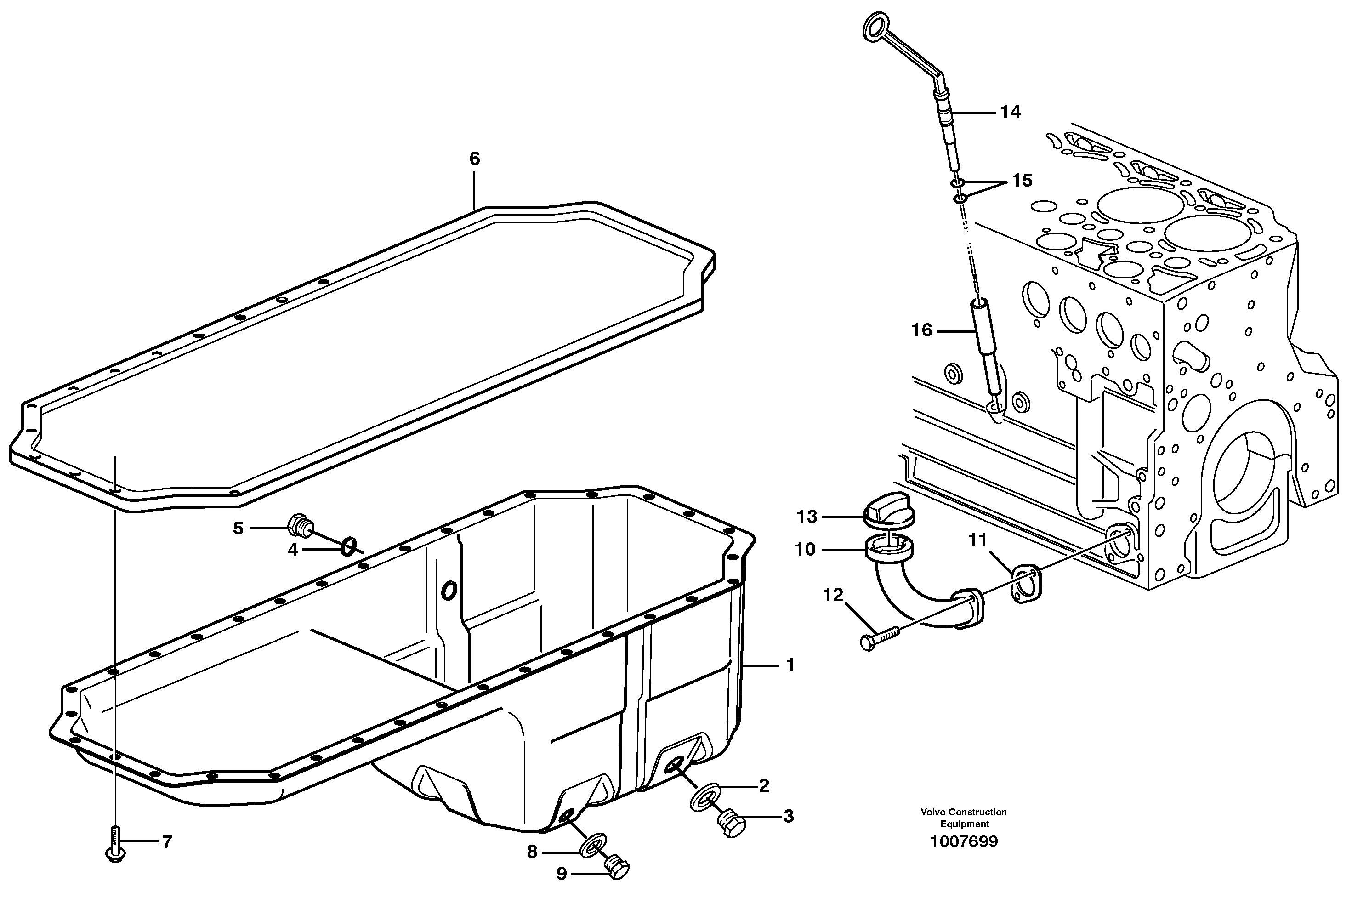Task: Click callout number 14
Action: coord(1011,112)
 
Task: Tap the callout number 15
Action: coord(1022,181)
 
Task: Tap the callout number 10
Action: coord(806,549)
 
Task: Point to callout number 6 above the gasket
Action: coord(475,159)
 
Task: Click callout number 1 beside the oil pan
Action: coord(790,665)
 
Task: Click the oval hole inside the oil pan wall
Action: coord(449,591)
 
